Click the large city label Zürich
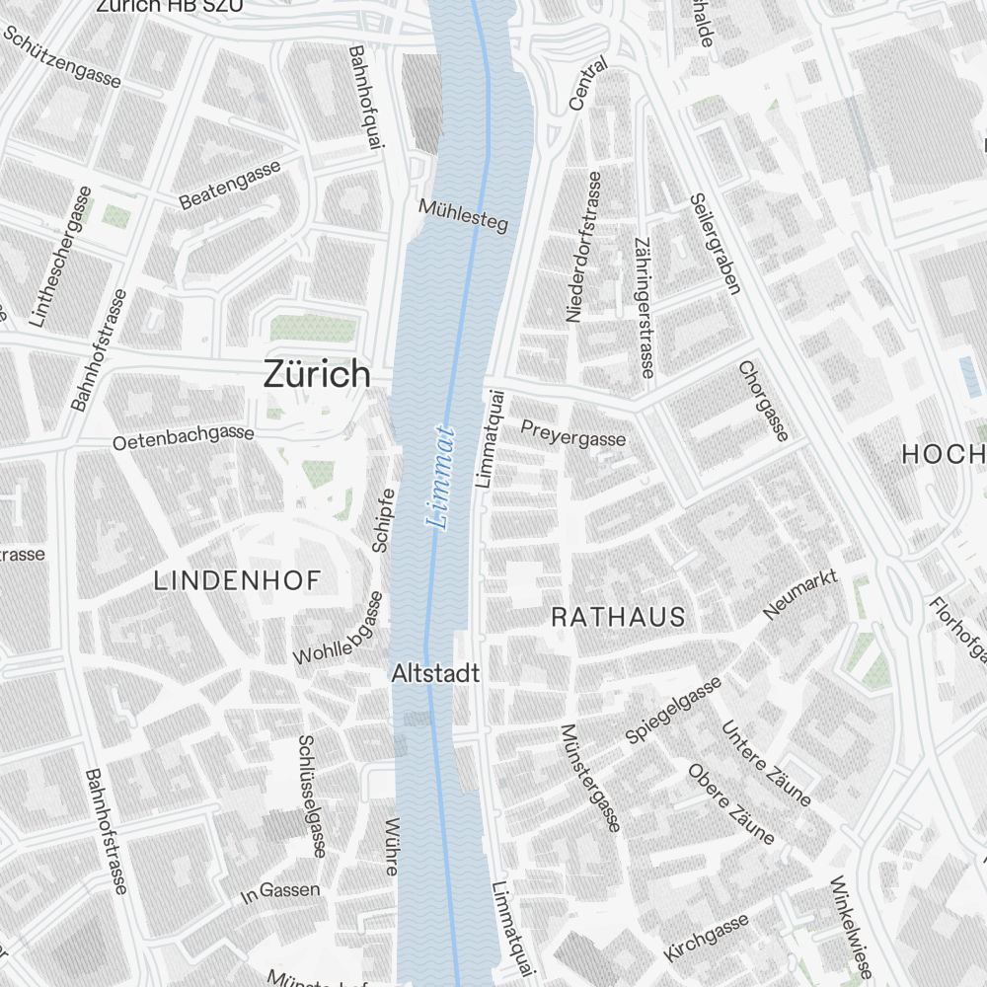(x=317, y=374)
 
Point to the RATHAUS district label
(x=618, y=617)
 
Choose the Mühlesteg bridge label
(x=463, y=216)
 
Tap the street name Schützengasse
(x=62, y=56)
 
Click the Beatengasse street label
(x=230, y=184)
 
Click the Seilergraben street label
(x=715, y=243)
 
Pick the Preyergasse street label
(x=572, y=433)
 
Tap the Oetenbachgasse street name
(x=183, y=437)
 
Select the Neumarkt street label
(x=800, y=594)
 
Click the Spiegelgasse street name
(x=673, y=710)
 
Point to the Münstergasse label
(x=589, y=778)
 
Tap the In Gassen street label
(x=281, y=892)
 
